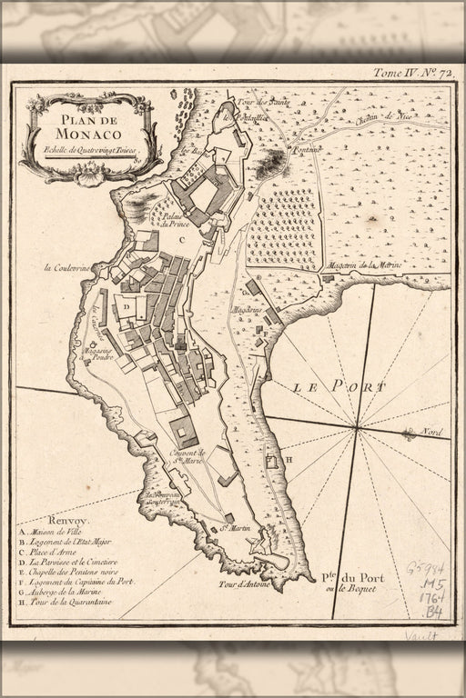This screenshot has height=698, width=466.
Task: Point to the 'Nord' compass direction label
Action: click(x=426, y=434)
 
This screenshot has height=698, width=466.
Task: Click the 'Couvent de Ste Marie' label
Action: click(x=188, y=454)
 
